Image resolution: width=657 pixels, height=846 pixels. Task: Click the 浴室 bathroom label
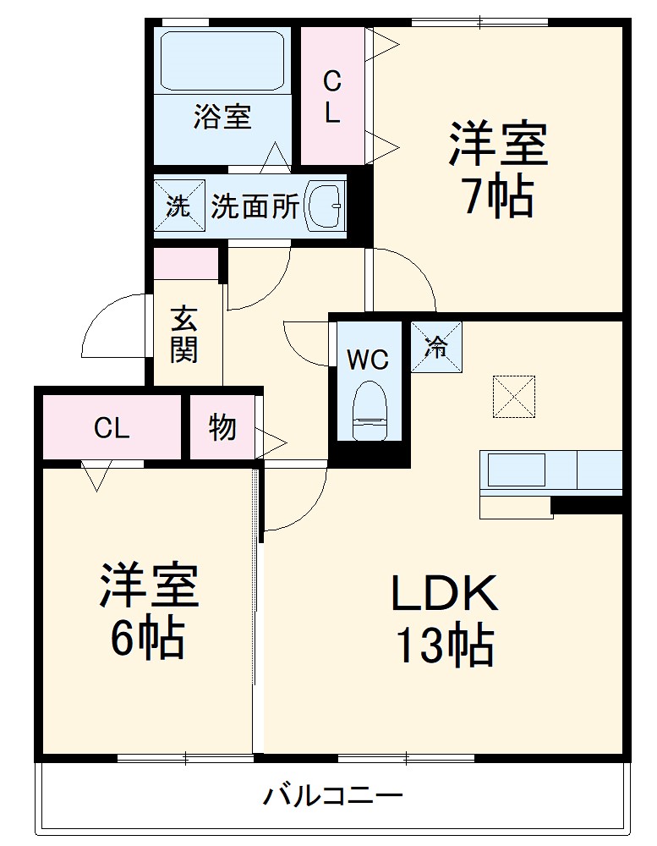pyautogui.click(x=222, y=117)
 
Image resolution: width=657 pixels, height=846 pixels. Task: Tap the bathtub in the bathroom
pyautogui.click(x=222, y=60)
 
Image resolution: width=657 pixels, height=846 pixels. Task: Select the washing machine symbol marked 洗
pyautogui.click(x=178, y=206)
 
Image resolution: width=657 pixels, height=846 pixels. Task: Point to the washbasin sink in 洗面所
pyautogui.click(x=325, y=206)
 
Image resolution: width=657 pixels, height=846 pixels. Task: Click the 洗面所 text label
pyautogui.click(x=255, y=206)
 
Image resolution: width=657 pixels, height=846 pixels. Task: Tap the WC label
pyautogui.click(x=368, y=360)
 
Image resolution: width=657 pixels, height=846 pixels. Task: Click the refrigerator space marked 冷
pyautogui.click(x=436, y=347)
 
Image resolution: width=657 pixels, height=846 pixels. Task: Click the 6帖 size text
pyautogui.click(x=147, y=639)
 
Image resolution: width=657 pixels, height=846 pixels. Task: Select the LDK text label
pyautogui.click(x=443, y=595)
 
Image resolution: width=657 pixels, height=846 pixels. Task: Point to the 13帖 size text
pyautogui.click(x=443, y=646)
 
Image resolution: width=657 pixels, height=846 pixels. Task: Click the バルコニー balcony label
pyautogui.click(x=331, y=796)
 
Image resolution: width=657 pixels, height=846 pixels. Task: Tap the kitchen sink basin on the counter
pyautogui.click(x=516, y=470)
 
